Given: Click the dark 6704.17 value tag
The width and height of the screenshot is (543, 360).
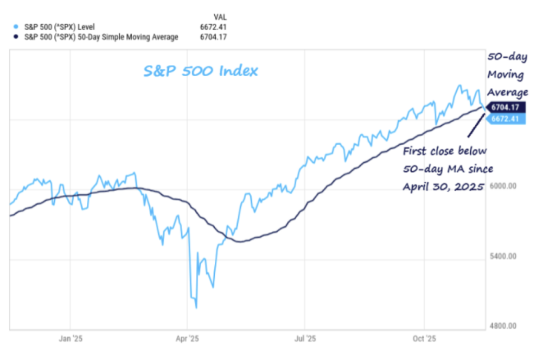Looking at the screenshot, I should (x=506, y=107).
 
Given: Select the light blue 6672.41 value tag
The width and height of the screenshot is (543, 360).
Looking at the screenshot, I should (x=506, y=119).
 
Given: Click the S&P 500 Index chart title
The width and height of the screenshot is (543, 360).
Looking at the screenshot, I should (x=200, y=71).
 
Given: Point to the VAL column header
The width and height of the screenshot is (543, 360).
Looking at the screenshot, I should (x=220, y=18).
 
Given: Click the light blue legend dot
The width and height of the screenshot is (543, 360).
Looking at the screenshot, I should (x=16, y=27).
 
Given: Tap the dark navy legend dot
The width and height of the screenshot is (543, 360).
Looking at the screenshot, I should (x=16, y=37).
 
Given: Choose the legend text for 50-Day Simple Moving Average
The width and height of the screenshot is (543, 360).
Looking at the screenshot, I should (x=101, y=37).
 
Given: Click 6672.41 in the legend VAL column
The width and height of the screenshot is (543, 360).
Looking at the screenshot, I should (x=213, y=27).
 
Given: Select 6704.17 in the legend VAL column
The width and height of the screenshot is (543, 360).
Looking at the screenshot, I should (x=213, y=37).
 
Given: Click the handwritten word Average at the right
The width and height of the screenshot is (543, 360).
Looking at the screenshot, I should (x=508, y=92).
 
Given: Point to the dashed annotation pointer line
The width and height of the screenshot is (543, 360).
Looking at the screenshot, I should (x=476, y=125).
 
